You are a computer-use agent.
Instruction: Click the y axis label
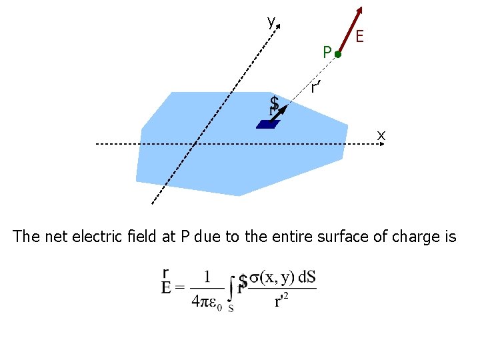[270, 22]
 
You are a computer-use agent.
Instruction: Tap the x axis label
[381, 135]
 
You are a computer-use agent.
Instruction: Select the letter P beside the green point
[326, 51]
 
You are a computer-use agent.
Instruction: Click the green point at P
[338, 54]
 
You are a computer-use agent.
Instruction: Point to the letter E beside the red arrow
[359, 36]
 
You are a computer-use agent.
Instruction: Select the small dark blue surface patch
[267, 124]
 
